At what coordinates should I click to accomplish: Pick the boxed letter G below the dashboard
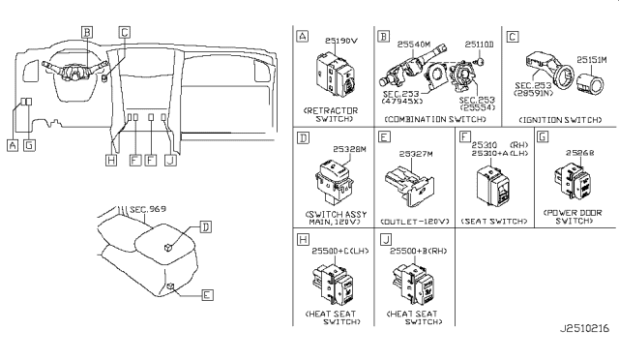pos(29,144)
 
